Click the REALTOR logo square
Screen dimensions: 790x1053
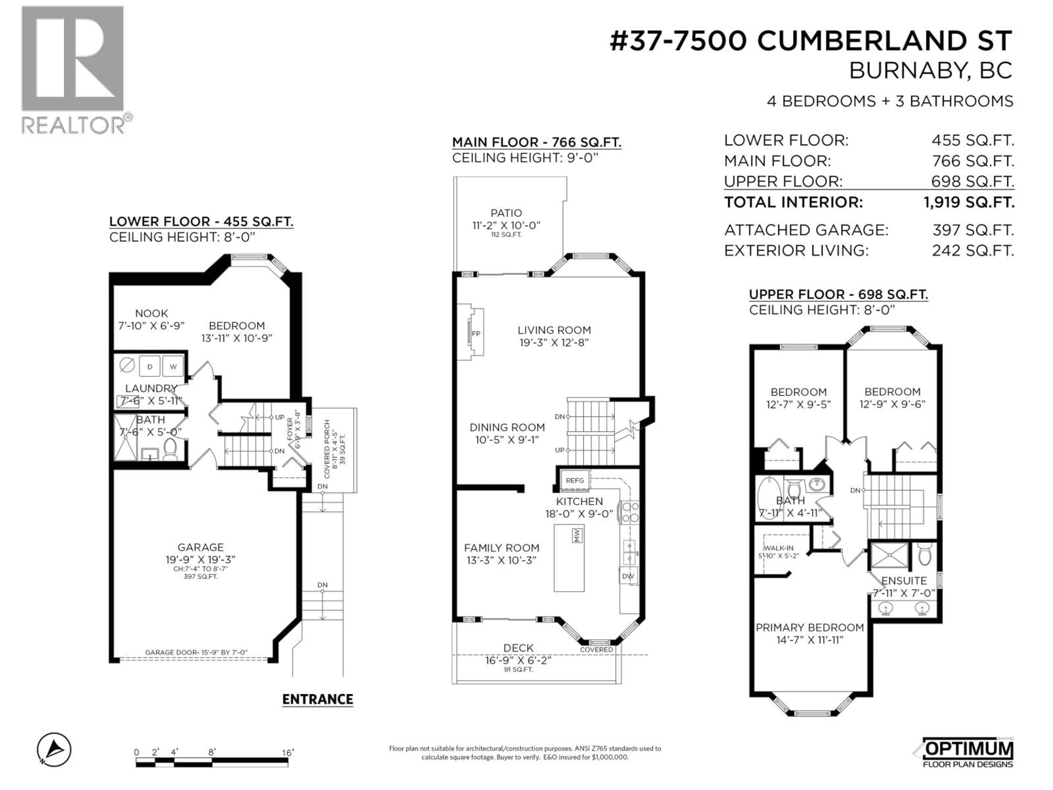(72, 59)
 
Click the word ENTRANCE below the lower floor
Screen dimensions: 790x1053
(318, 699)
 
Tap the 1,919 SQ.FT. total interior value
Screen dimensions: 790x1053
(969, 202)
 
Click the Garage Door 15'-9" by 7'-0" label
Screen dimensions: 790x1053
(196, 652)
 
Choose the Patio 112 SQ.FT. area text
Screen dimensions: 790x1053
(506, 235)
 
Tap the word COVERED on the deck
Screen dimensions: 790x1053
(596, 650)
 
